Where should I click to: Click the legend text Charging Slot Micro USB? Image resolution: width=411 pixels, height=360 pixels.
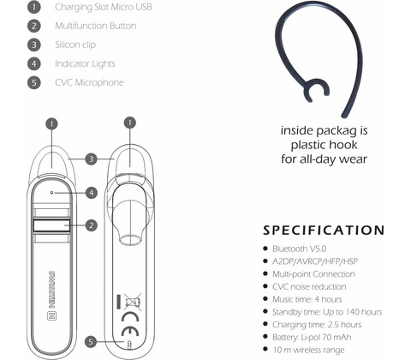click(x=104, y=7)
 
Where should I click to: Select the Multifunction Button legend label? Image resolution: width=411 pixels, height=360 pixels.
click(x=96, y=26)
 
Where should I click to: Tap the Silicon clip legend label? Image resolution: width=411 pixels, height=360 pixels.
click(x=75, y=45)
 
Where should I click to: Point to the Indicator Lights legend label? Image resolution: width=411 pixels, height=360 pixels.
click(x=85, y=63)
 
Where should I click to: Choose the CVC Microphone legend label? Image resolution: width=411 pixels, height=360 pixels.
click(x=89, y=82)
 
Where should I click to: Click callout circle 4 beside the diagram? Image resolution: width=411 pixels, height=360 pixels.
click(x=92, y=193)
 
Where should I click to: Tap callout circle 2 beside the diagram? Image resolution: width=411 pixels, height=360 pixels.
click(x=92, y=225)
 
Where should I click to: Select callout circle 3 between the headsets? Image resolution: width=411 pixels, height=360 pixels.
click(x=92, y=159)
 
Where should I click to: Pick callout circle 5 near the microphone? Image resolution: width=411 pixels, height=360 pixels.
click(x=91, y=342)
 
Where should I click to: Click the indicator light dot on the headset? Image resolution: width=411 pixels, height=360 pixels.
click(x=51, y=193)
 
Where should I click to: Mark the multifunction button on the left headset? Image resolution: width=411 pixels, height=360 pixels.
click(x=51, y=225)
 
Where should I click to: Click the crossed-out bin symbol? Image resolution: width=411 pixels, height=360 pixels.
click(x=133, y=302)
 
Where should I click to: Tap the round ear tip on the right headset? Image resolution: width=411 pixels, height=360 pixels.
click(x=131, y=239)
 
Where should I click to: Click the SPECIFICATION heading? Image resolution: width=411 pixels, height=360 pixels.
click(x=324, y=231)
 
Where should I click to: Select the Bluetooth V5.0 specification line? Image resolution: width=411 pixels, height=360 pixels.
click(x=300, y=249)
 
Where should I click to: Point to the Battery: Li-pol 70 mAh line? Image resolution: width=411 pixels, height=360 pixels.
click(x=312, y=338)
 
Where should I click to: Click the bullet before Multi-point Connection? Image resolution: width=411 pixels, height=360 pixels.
click(x=265, y=273)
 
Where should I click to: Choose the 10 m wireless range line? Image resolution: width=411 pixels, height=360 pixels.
click(x=308, y=350)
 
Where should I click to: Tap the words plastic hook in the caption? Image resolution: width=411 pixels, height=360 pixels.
click(x=324, y=145)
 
